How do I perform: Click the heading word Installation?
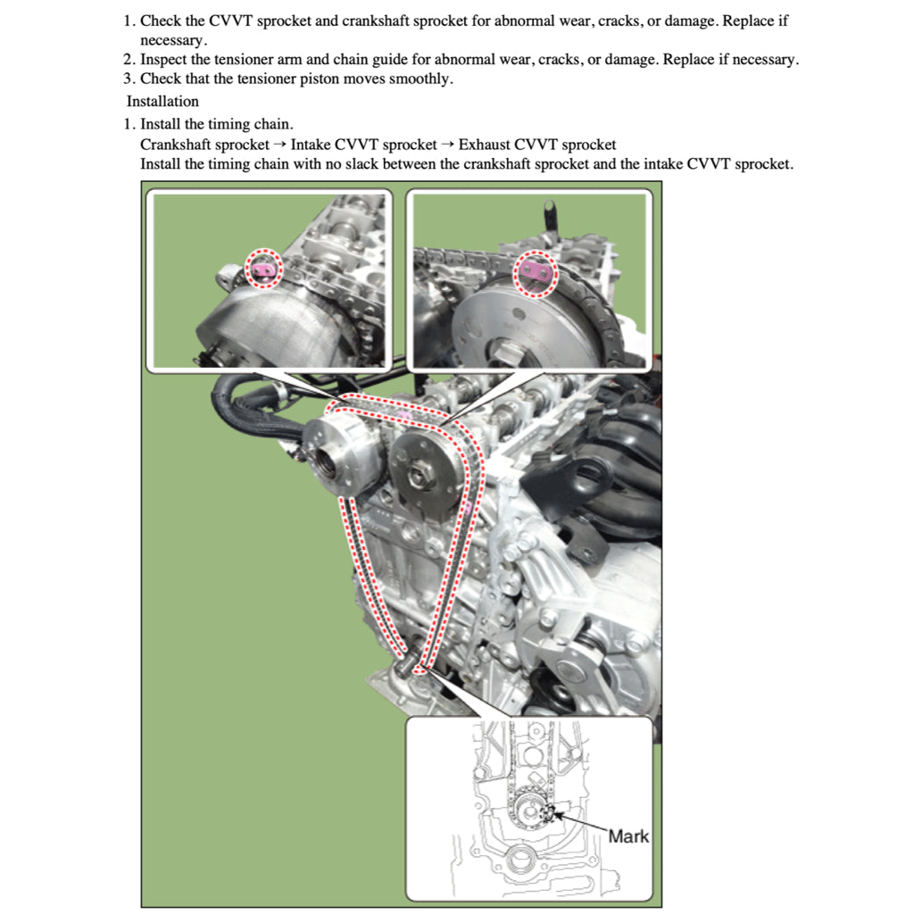162,102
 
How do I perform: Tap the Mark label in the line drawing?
628,836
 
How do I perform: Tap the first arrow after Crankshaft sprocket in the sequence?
280,145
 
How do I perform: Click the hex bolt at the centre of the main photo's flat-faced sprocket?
417,471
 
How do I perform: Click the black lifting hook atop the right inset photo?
548,214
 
